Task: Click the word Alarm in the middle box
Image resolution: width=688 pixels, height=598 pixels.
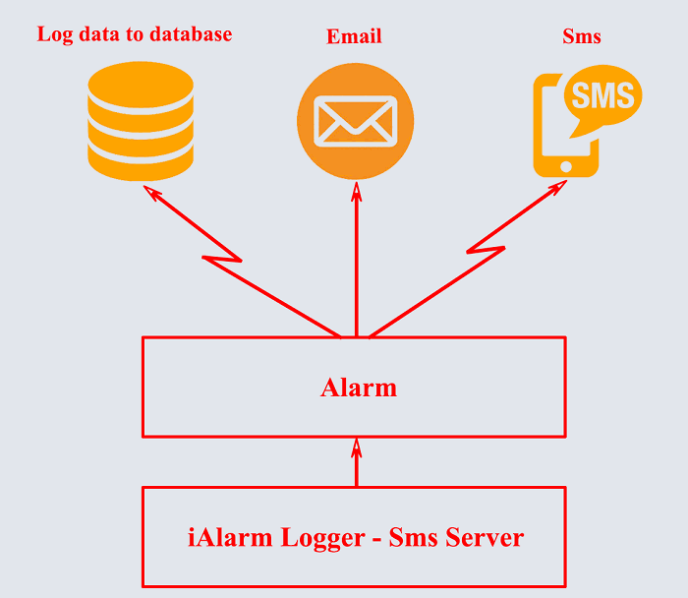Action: pos(359,388)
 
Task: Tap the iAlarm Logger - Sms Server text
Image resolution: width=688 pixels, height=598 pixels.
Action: pos(356,538)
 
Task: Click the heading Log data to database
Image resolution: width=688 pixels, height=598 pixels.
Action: pos(135,34)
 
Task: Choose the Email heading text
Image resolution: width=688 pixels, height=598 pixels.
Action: pos(354,37)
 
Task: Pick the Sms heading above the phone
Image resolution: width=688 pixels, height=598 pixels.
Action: pos(582,37)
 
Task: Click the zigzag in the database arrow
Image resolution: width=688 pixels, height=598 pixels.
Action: pos(221,259)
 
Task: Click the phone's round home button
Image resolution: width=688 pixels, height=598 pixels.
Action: pos(565,166)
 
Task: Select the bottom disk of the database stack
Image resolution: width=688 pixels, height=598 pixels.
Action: pos(141,160)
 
